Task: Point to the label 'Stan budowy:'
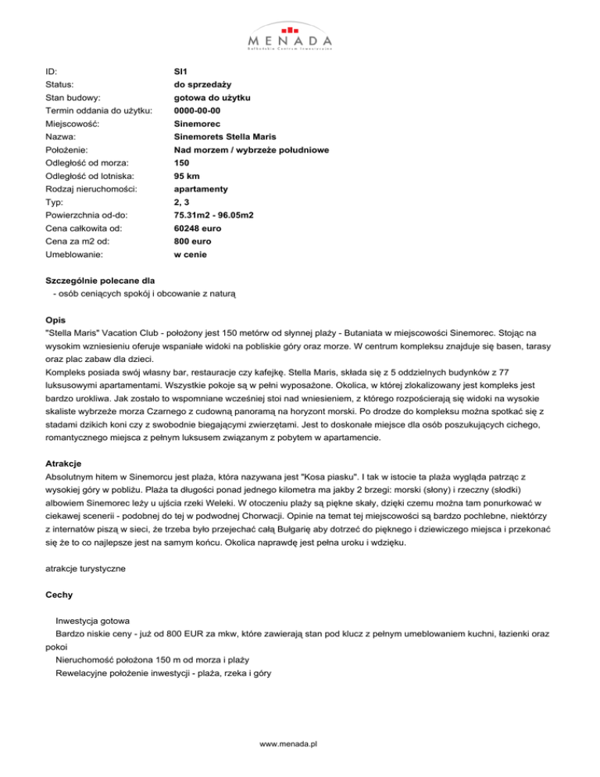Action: (73, 97)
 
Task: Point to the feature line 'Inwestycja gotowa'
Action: (98, 621)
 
